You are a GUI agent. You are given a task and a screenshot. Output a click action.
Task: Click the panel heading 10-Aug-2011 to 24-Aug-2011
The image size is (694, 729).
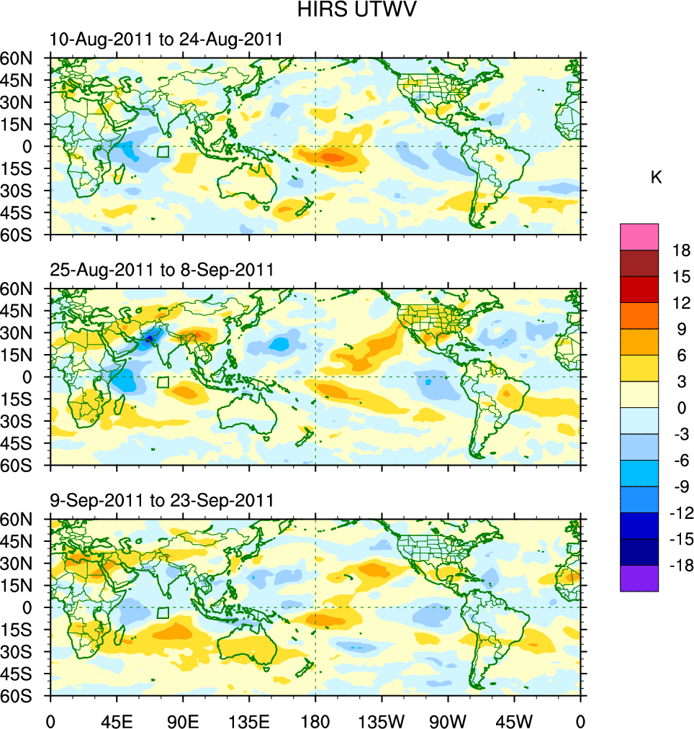tap(166, 40)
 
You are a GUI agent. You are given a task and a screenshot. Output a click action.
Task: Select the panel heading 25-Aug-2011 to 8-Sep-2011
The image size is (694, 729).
tap(162, 270)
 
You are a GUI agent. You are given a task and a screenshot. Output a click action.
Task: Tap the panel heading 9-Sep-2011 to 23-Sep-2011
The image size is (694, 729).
tap(162, 500)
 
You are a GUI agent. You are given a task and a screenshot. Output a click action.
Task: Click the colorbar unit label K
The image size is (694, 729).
tap(656, 178)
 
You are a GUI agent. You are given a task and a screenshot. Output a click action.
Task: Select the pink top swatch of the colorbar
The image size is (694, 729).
tap(639, 236)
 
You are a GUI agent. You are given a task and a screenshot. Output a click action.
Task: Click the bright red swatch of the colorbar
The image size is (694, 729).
tap(639, 289)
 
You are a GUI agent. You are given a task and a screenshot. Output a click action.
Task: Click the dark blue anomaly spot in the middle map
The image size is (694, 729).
tap(150, 338)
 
